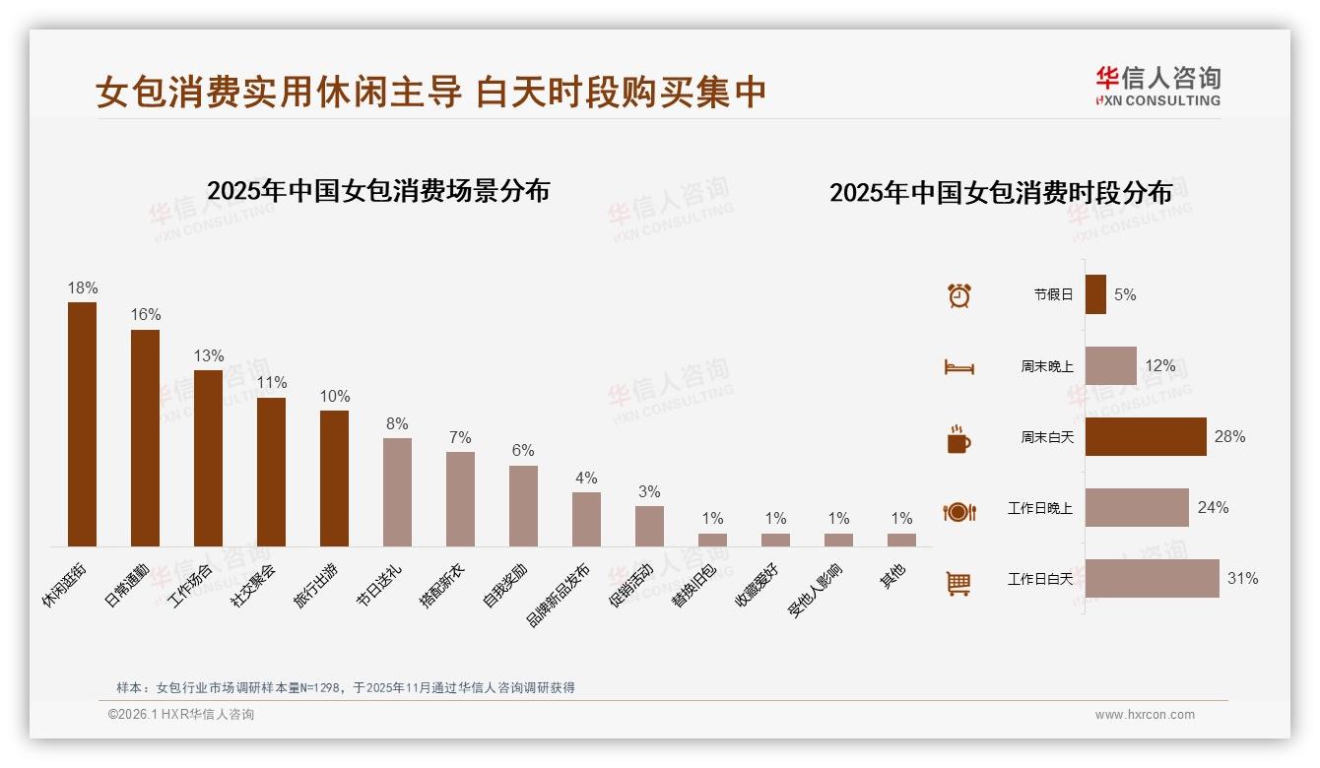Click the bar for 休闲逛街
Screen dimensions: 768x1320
tap(82, 423)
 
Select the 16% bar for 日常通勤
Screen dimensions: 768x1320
tap(145, 437)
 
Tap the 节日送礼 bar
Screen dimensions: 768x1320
tap(397, 491)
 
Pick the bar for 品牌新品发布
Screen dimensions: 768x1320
tap(586, 519)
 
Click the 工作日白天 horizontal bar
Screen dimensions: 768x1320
tap(1152, 579)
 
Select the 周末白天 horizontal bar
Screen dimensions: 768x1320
tap(1146, 437)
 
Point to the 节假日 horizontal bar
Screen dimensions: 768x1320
tap(1095, 294)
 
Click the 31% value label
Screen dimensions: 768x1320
tap(1242, 579)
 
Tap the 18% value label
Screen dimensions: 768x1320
tap(83, 288)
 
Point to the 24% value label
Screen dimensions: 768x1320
tap(1213, 508)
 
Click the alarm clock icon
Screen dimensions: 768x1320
tap(959, 294)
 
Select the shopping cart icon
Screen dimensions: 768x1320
tap(958, 583)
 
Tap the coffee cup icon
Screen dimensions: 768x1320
tap(958, 439)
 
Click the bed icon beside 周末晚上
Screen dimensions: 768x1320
tap(958, 367)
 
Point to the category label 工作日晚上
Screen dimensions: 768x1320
tap(1040, 508)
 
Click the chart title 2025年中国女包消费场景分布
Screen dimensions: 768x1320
tap(378, 191)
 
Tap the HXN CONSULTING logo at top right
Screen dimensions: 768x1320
tap(1158, 87)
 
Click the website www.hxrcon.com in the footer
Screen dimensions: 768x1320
tap(1145, 715)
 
